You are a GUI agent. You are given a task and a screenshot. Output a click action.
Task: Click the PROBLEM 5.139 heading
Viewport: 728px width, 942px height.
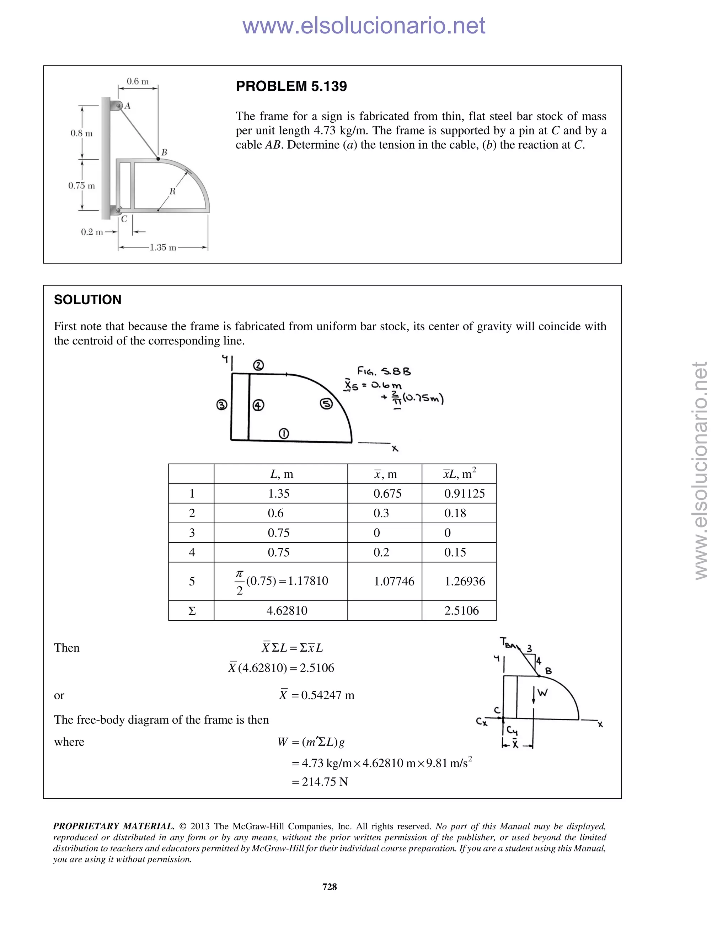[291, 86]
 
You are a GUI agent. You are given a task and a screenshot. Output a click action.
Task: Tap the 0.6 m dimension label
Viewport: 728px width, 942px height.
[138, 81]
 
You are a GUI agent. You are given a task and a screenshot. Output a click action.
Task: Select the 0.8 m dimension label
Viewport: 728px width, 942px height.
[81, 133]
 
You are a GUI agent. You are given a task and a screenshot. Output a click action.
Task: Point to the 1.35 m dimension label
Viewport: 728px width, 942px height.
[163, 247]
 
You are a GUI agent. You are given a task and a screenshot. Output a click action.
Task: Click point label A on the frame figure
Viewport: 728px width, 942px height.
[128, 106]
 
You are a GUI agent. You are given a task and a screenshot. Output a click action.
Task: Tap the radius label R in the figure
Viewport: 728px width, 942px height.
[172, 191]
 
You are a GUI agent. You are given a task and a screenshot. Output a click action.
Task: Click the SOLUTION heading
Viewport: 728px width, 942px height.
[87, 299]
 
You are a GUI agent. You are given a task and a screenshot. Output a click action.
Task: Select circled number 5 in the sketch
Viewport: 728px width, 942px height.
[326, 404]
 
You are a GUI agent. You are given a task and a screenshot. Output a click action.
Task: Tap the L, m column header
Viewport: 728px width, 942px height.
[281, 474]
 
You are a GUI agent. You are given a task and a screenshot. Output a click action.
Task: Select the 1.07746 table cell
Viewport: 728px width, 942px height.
[394, 582]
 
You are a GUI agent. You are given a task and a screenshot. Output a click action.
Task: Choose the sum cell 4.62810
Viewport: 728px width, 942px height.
[287, 610]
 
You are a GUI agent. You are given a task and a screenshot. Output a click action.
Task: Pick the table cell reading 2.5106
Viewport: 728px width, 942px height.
[461, 610]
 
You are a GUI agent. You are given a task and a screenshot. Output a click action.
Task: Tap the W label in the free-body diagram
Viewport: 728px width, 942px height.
[542, 693]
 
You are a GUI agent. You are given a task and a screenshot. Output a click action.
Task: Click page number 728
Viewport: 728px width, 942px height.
[330, 887]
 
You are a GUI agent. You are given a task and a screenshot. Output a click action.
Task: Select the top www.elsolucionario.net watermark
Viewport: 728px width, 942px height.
[364, 26]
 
